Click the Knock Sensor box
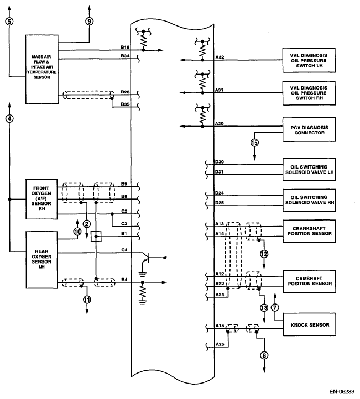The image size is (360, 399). [309, 324]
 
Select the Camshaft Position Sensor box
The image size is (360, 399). [309, 281]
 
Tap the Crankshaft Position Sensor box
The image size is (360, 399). [309, 231]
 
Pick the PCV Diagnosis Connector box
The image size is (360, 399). [309, 129]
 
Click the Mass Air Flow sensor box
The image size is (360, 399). [42, 69]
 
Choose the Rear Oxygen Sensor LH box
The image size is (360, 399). [42, 260]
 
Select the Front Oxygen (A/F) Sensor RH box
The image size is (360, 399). [41, 199]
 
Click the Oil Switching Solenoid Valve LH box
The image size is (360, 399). [309, 169]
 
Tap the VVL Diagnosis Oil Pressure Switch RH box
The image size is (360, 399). [309, 93]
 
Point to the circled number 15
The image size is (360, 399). [254, 143]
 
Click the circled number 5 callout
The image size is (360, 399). [9, 22]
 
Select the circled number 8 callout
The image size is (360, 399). [264, 355]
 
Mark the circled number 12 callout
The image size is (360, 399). [264, 254]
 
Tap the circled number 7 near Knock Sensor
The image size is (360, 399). [275, 307]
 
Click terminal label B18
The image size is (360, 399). [125, 48]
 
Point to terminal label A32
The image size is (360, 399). [220, 57]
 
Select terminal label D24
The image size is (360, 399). [220, 193]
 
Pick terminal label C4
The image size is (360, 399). [124, 250]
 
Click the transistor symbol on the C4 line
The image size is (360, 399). [147, 258]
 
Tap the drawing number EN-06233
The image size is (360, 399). [342, 392]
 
